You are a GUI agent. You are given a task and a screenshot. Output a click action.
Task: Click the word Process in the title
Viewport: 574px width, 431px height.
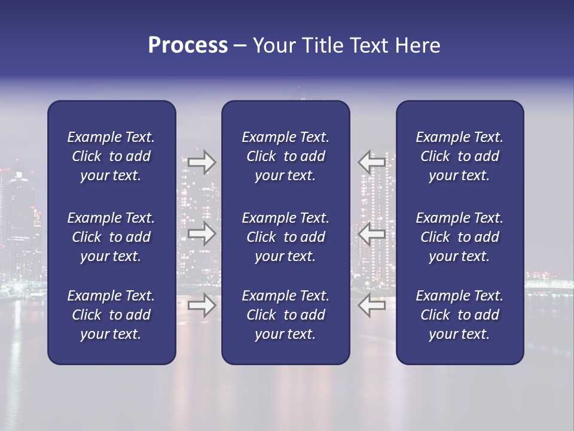(x=188, y=45)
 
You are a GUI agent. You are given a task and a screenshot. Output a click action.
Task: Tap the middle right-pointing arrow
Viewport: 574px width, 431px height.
(x=202, y=233)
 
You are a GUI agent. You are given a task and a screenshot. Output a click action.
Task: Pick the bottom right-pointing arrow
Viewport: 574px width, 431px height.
(x=202, y=305)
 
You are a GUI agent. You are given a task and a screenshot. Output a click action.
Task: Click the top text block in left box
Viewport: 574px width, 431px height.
(x=111, y=156)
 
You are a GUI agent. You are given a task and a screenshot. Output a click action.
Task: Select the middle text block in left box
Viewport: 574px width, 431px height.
(x=111, y=237)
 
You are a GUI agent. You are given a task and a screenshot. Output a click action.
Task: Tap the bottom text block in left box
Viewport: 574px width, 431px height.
(x=111, y=315)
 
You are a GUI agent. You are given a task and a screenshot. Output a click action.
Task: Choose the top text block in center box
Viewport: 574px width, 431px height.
(x=286, y=156)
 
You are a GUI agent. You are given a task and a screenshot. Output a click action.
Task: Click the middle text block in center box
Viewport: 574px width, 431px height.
(x=286, y=237)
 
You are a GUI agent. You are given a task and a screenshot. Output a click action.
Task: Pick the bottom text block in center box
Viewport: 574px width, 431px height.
(x=286, y=315)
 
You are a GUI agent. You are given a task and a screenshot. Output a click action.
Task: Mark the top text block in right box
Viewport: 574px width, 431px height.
(x=460, y=156)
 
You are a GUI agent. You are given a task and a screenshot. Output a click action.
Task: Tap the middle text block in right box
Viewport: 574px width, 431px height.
(x=460, y=237)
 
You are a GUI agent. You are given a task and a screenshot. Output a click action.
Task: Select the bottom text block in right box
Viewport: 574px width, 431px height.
(x=460, y=315)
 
